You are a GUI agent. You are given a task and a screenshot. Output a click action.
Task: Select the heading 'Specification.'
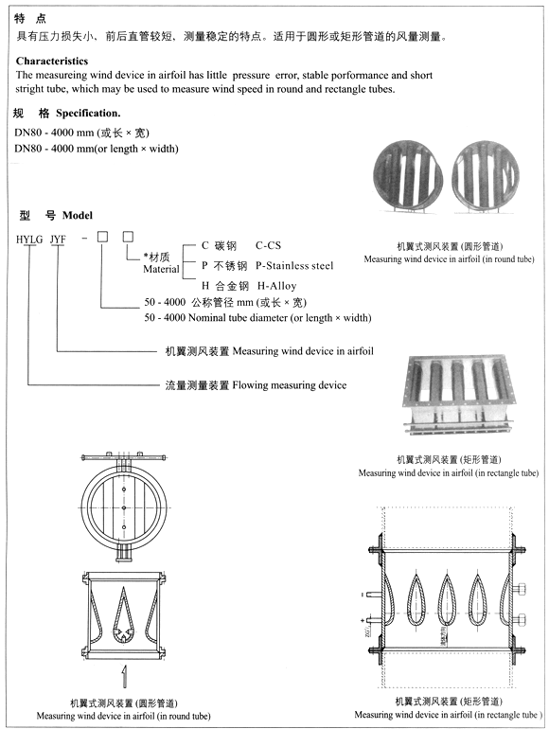pyautogui.click(x=90, y=114)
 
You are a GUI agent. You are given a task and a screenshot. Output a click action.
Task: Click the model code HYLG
pyautogui.click(x=29, y=240)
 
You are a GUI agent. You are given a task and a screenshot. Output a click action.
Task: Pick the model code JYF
pyautogui.click(x=58, y=240)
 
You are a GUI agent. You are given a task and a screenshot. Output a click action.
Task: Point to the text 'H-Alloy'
pyautogui.click(x=277, y=286)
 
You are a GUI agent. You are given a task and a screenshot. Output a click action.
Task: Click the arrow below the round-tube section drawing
pyautogui.click(x=123, y=675)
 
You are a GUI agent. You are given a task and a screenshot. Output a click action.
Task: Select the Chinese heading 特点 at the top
pyautogui.click(x=27, y=18)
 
